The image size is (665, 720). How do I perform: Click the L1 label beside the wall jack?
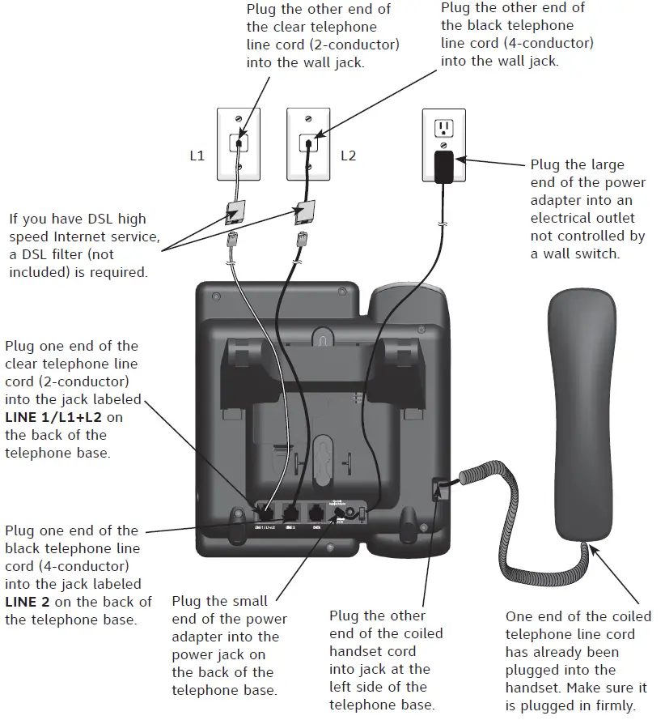click(x=197, y=156)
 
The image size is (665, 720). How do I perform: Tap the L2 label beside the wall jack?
click(x=348, y=156)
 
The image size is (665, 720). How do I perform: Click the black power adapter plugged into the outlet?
click(x=443, y=166)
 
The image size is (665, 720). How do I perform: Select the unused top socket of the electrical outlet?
click(x=443, y=128)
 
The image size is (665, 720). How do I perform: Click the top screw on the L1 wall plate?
click(x=239, y=119)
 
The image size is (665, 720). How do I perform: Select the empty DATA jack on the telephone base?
click(x=316, y=512)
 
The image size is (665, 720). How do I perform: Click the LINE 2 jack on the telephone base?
click(x=290, y=512)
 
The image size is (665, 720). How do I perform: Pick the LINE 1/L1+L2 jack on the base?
click(x=265, y=512)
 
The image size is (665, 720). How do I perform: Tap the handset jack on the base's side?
click(x=439, y=490)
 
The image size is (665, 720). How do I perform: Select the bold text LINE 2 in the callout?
click(x=32, y=602)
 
